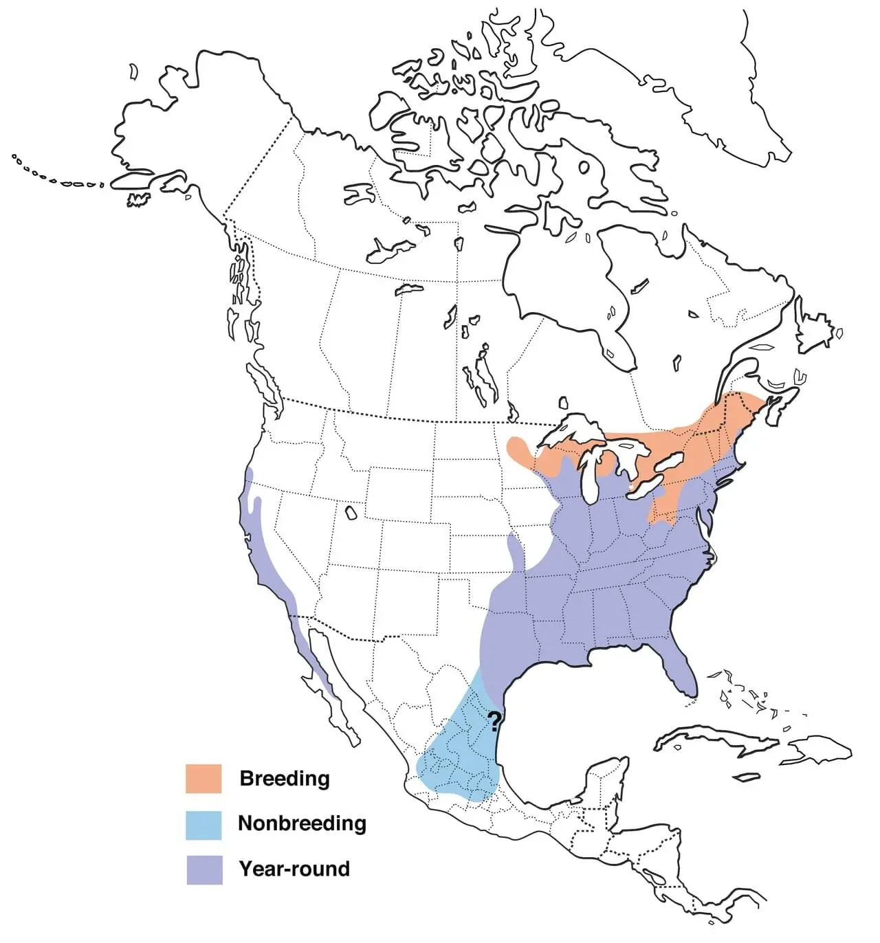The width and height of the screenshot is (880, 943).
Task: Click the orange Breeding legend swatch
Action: coord(203,779)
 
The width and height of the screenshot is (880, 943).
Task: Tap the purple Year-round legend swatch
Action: coord(204,869)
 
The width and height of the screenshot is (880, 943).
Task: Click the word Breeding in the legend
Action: coord(285,779)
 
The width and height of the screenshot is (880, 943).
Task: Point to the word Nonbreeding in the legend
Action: coord(302,823)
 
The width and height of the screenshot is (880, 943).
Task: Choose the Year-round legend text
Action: coord(294,869)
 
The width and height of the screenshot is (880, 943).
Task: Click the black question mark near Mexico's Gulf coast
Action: coord(494,721)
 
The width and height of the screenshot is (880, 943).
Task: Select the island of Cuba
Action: coord(715,739)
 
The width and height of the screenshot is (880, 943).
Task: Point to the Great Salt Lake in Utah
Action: coord(351,513)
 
